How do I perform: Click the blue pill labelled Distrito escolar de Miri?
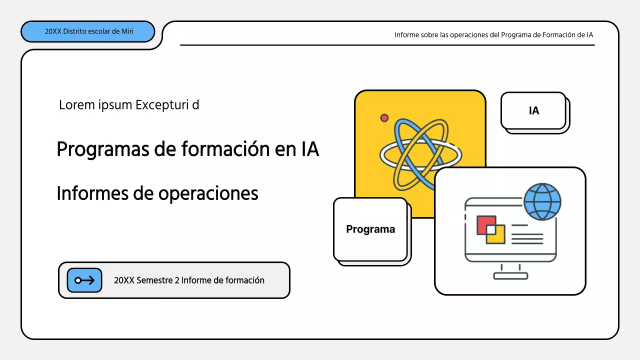87,31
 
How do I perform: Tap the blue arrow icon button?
84,280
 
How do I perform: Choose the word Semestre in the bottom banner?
154,280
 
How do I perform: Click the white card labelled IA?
533,110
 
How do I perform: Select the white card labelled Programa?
370,229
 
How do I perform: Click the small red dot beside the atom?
384,118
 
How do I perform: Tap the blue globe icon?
542,202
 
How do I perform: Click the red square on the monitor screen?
483,223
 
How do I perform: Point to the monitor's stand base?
510,276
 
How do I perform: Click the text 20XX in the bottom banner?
124,280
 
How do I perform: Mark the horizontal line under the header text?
387,45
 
